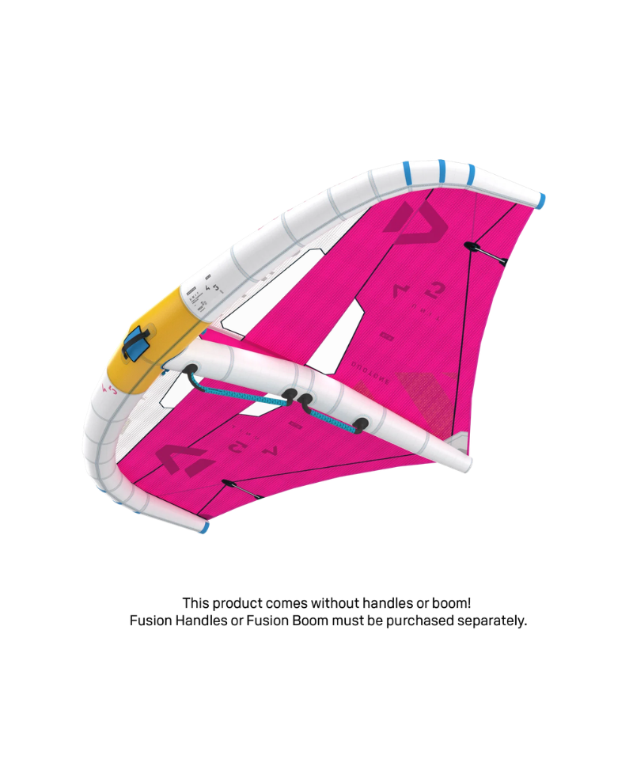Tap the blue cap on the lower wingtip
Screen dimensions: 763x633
204,526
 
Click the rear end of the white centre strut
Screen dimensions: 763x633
461,461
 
